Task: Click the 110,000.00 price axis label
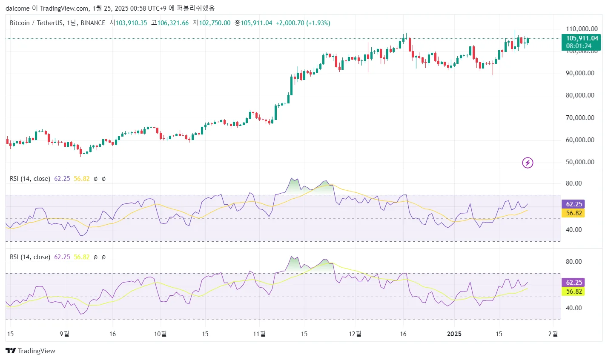click(582, 29)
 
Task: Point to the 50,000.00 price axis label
click(580, 162)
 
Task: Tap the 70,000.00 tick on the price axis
click(580, 118)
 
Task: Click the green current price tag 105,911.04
click(582, 38)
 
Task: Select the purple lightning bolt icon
click(528, 163)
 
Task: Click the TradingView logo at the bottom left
click(31, 351)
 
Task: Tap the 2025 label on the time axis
click(454, 334)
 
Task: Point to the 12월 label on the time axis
click(355, 334)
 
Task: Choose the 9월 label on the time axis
click(64, 334)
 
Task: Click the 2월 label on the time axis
click(553, 334)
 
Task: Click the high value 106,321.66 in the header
click(173, 23)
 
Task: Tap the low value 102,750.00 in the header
click(215, 23)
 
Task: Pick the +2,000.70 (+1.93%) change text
click(303, 23)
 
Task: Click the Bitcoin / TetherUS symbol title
click(37, 23)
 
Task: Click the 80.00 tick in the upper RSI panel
click(574, 183)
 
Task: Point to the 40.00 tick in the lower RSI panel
click(574, 308)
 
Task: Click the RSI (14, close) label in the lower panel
click(30, 257)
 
